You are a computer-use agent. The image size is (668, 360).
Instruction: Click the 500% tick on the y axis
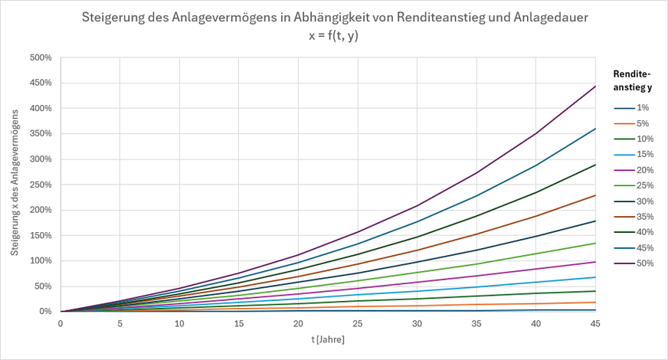(x=41, y=57)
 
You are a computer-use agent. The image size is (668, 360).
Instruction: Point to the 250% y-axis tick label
(x=41, y=185)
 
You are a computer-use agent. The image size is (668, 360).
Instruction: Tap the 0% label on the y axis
(x=45, y=312)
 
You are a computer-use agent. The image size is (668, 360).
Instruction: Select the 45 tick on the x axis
(x=595, y=323)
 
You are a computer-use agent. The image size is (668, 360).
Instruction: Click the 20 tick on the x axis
(x=298, y=323)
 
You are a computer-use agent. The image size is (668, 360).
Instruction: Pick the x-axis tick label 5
(x=120, y=323)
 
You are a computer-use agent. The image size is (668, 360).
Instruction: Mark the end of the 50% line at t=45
(x=595, y=86)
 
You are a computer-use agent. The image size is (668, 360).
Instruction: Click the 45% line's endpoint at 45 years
(x=595, y=128)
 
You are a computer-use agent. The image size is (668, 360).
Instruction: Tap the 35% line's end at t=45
(x=595, y=195)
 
